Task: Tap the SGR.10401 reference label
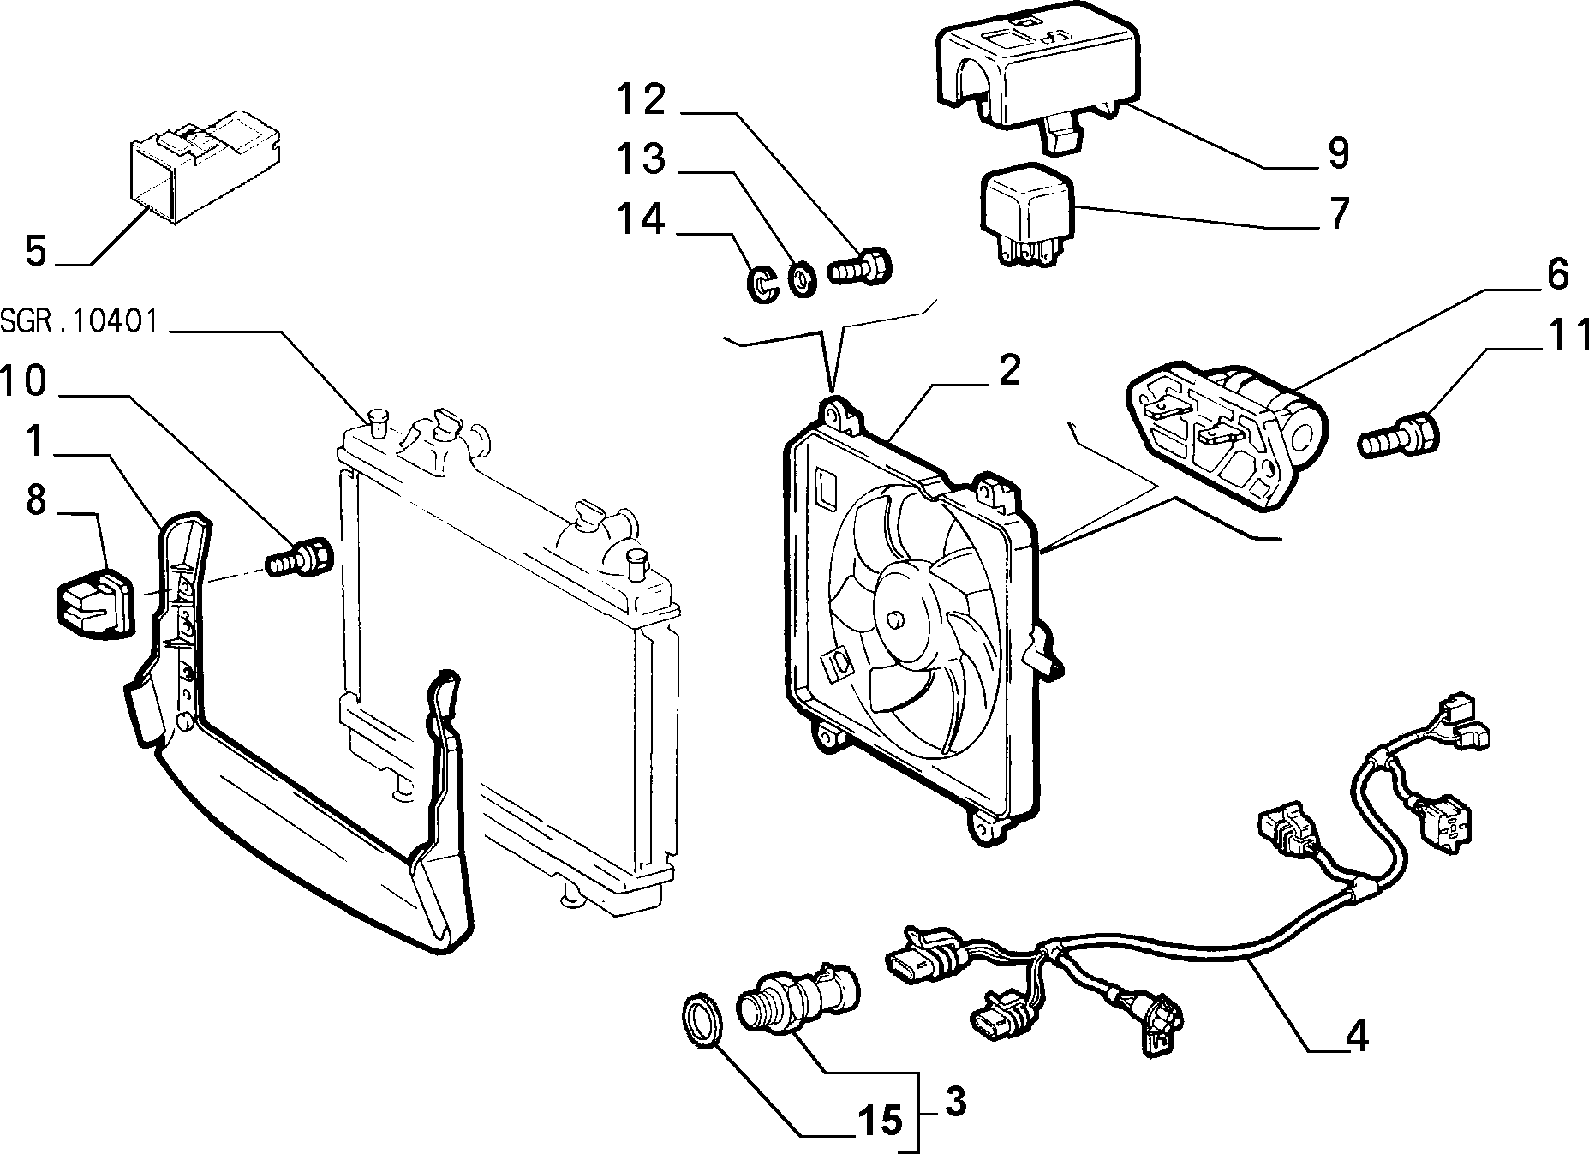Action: point(79,322)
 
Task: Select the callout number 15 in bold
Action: point(880,1120)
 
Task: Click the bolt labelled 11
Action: point(1399,434)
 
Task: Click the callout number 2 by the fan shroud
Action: point(1008,371)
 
